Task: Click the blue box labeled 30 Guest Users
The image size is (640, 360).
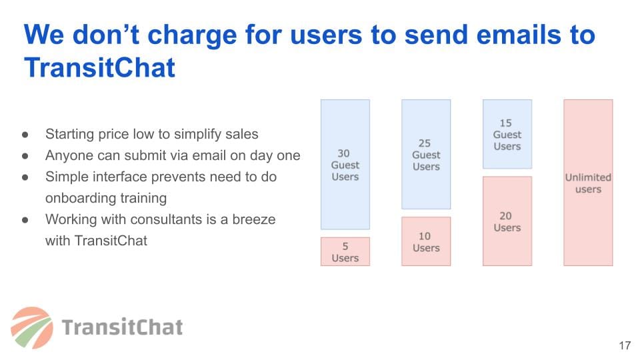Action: [x=345, y=165]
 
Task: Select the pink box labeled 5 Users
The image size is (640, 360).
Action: [x=345, y=252]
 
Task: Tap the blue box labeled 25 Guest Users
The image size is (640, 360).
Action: [x=426, y=154]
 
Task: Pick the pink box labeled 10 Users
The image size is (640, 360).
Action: [x=426, y=241]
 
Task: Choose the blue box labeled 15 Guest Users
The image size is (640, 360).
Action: [x=507, y=134]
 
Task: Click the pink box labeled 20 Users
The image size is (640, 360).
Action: [x=507, y=221]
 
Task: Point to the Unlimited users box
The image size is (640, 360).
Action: [x=588, y=183]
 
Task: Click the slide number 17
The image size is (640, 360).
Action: [x=625, y=346]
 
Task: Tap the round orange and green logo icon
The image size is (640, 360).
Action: [x=32, y=328]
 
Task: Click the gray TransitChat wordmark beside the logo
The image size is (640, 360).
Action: [x=122, y=327]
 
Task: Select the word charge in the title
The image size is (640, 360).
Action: [x=192, y=35]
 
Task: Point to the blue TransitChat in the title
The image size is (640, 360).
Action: [x=99, y=67]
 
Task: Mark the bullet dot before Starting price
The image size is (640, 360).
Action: [x=25, y=134]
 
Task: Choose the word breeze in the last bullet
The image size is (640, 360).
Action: [x=254, y=219]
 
